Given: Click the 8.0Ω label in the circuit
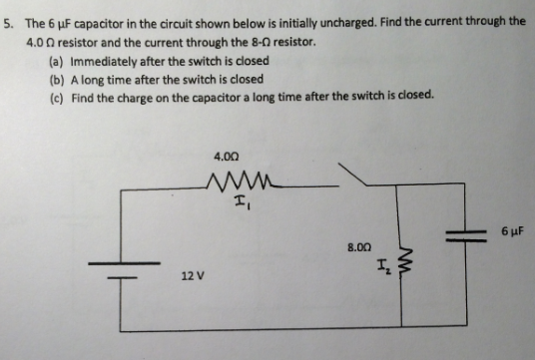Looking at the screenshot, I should pyautogui.click(x=359, y=244).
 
